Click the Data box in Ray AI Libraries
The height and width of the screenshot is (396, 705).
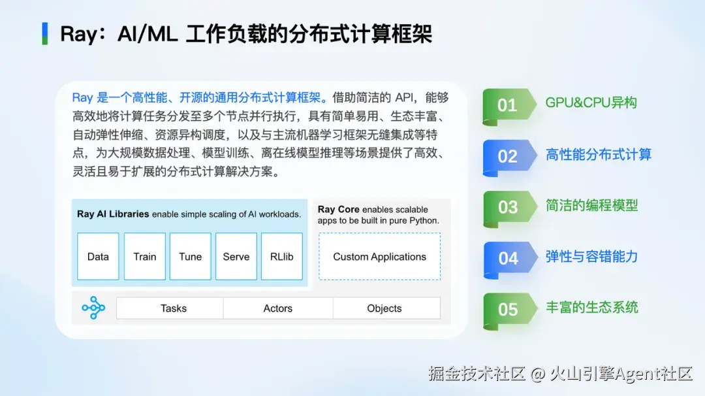click(x=98, y=257)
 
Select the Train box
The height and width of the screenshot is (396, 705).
click(x=145, y=257)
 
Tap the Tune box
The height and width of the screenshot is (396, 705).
click(x=190, y=257)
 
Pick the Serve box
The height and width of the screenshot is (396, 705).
click(x=236, y=257)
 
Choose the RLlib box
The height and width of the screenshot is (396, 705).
click(x=282, y=257)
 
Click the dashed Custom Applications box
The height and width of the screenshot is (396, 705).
click(x=379, y=257)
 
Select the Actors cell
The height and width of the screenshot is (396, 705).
click(x=278, y=308)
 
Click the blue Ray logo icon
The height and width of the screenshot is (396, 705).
click(x=93, y=308)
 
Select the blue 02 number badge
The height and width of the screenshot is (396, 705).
click(x=509, y=157)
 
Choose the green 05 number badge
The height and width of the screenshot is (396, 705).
click(x=510, y=310)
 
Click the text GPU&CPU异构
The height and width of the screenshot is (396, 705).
click(x=591, y=103)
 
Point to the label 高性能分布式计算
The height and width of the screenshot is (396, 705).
click(x=599, y=154)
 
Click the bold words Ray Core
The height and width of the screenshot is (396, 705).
click(x=339, y=209)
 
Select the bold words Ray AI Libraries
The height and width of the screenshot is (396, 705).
click(x=113, y=214)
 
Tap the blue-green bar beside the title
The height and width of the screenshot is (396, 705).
click(x=45, y=34)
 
